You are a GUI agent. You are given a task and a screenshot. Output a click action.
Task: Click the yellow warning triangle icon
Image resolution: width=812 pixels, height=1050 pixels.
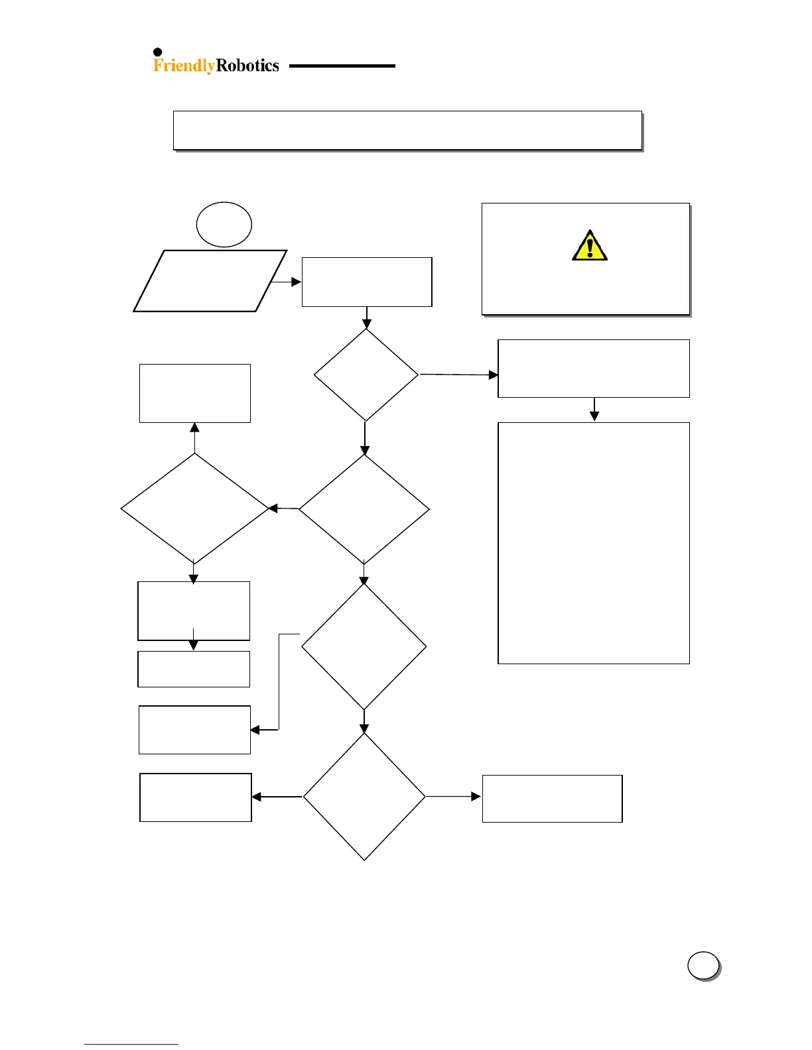click(589, 246)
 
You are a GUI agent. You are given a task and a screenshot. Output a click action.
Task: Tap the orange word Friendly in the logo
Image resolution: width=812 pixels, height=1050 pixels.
click(184, 65)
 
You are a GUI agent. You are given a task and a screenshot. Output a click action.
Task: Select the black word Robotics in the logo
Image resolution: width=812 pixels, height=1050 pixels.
click(247, 65)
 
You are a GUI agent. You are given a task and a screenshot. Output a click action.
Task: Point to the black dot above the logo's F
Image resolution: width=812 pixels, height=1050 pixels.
click(158, 52)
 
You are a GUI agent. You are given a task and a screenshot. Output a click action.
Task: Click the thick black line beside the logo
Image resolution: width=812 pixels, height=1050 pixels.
click(342, 66)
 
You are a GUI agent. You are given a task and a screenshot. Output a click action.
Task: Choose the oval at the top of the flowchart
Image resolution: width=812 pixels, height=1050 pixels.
click(224, 225)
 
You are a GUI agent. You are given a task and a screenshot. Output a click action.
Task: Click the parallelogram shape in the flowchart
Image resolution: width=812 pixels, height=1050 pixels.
click(210, 281)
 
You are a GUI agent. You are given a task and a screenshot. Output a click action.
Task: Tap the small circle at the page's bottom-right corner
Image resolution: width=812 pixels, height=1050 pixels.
click(703, 965)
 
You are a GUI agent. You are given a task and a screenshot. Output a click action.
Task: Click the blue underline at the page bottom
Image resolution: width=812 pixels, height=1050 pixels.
click(131, 1044)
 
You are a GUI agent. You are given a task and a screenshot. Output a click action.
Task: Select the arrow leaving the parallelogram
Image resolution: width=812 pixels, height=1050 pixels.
click(287, 282)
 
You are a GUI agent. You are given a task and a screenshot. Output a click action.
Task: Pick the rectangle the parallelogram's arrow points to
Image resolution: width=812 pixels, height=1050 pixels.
click(367, 282)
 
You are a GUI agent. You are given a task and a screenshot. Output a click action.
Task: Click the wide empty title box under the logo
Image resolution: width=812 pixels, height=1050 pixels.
click(407, 130)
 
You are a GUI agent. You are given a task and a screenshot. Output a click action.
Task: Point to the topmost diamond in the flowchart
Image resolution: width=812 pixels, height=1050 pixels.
click(366, 375)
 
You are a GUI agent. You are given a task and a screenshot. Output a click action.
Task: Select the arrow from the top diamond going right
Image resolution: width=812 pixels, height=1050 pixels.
click(458, 375)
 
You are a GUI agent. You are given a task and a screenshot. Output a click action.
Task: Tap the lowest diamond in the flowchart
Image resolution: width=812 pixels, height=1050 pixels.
click(364, 796)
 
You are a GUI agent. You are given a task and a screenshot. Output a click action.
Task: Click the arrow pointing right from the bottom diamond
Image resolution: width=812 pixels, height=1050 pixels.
click(453, 796)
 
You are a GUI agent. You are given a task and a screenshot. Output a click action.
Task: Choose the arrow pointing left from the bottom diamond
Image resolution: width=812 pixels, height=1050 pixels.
click(277, 797)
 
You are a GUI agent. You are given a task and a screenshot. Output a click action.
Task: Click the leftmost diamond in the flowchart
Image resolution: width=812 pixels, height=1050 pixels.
click(194, 508)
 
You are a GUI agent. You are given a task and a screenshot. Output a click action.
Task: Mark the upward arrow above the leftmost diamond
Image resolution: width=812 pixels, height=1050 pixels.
click(194, 437)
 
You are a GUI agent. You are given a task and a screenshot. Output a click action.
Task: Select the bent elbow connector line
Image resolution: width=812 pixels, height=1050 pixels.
click(279, 683)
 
